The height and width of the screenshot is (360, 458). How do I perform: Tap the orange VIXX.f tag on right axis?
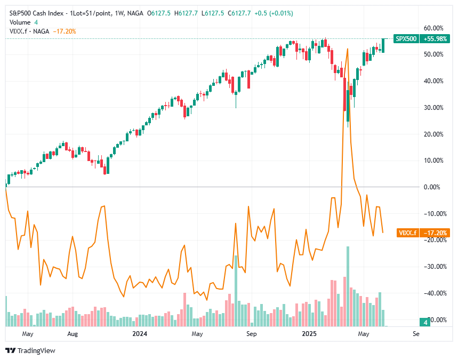click(408, 233)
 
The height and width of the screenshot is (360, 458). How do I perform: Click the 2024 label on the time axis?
click(140, 334)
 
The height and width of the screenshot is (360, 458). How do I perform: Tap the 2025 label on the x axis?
click(310, 334)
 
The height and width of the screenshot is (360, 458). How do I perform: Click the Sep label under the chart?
click(252, 334)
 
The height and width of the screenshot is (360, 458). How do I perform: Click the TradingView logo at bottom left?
click(30, 350)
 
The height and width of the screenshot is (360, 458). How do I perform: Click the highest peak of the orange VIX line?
click(348, 50)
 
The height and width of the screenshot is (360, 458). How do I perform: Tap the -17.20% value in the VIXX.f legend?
click(66, 31)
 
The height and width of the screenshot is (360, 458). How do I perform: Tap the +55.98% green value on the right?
click(433, 38)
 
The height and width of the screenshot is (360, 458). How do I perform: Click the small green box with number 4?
click(425, 322)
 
